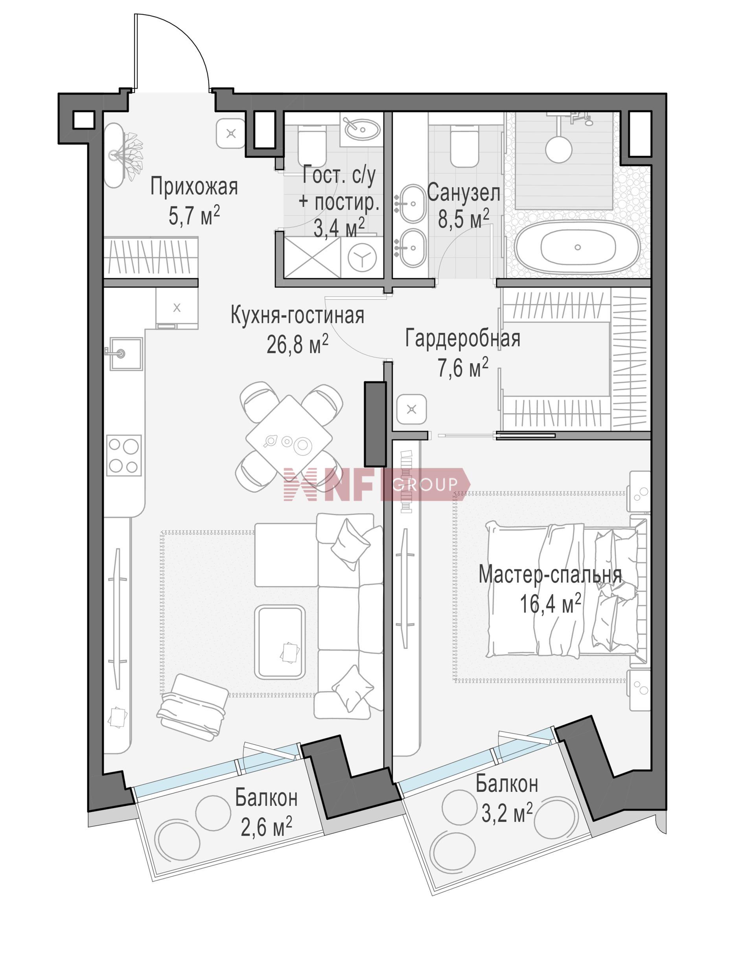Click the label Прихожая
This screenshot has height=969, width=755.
tap(194, 187)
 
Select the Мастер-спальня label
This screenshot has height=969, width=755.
tap(550, 575)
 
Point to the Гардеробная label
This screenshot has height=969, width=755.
tap(463, 338)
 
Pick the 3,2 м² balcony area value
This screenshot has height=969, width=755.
tap(507, 813)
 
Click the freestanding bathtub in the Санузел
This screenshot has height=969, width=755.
tap(578, 247)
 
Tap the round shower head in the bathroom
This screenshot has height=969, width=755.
tap(558, 149)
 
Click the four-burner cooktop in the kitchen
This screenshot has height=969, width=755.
tap(124, 456)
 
